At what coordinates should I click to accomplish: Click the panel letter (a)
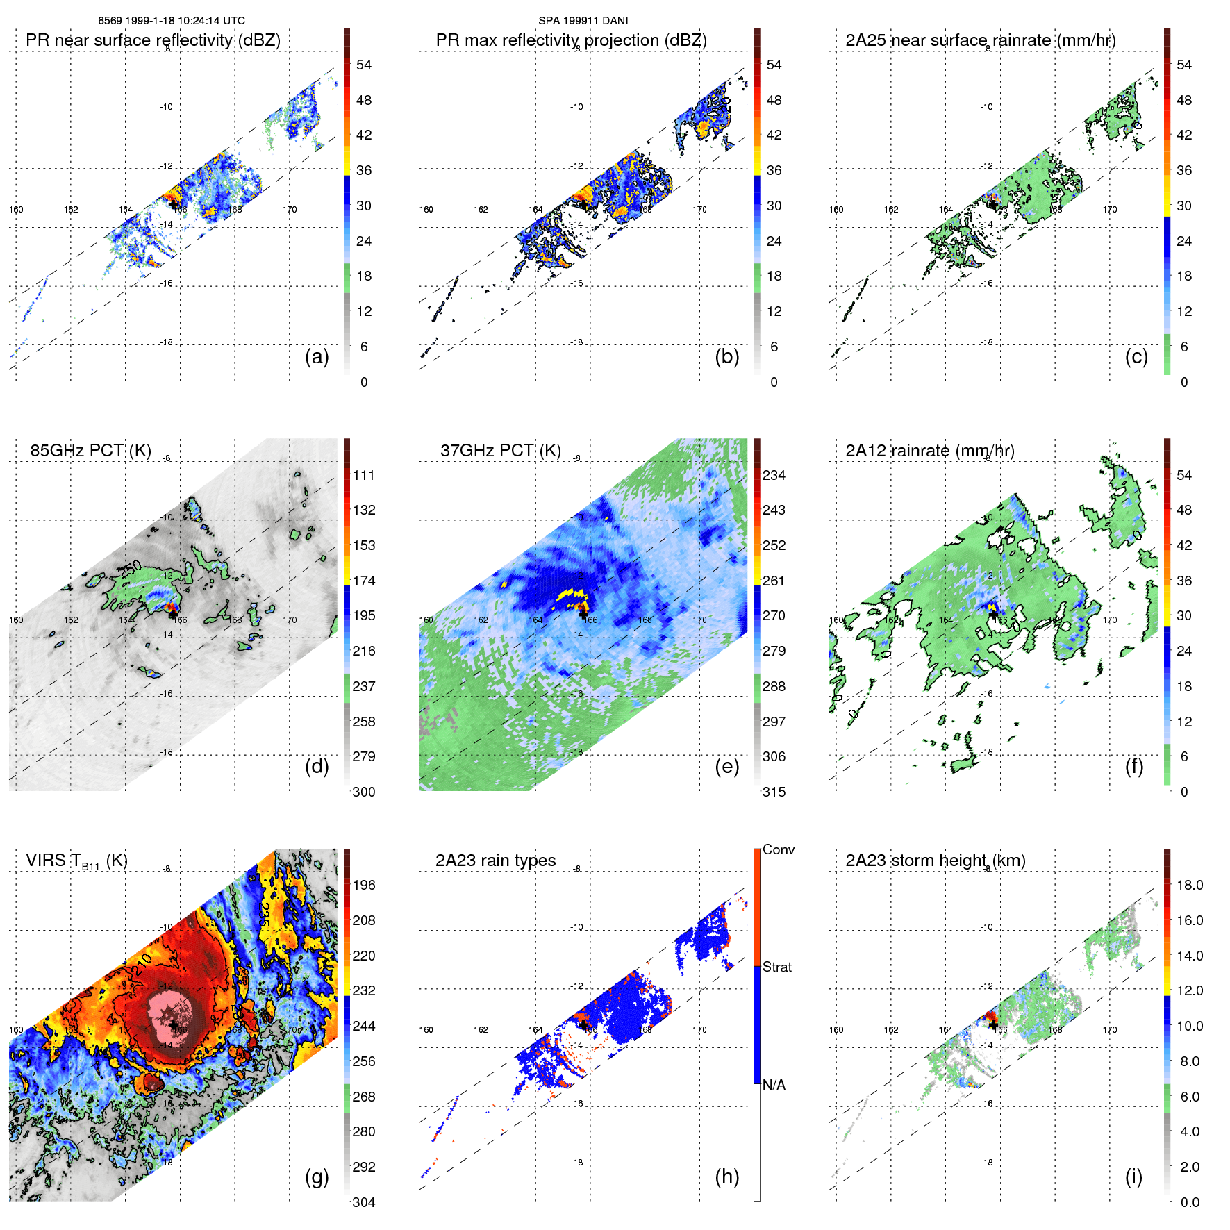317,357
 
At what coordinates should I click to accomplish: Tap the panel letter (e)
726,767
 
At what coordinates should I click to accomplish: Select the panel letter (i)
1133,1177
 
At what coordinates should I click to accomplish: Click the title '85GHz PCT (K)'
90,451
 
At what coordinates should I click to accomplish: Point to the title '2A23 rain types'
495,861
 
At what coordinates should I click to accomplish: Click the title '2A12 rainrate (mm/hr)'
929,451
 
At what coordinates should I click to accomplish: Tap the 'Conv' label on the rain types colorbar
778,849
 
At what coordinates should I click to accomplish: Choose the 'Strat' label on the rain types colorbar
776,967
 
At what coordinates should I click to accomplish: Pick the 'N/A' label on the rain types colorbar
774,1085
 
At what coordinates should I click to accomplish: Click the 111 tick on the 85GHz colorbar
364,475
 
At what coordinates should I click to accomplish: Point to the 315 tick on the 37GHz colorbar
774,792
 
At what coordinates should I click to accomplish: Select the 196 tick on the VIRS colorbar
364,885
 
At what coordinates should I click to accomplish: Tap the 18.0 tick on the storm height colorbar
1189,885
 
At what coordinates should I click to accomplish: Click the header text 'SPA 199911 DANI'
583,21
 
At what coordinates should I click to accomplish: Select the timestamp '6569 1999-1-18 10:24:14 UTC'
172,21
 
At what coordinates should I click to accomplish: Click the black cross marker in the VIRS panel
172,1024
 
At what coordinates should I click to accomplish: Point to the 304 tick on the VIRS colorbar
364,1202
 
